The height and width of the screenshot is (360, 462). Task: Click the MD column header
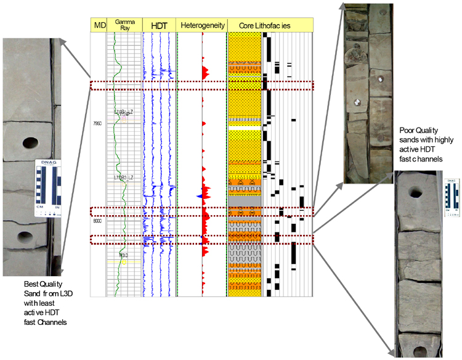coord(99,25)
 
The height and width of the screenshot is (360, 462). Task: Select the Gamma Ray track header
coord(124,25)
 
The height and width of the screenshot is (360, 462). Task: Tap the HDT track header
coord(159,25)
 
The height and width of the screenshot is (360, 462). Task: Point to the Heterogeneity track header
coord(201,25)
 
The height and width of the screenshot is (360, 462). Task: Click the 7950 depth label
coord(97,123)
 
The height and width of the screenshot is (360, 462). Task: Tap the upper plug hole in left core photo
coord(28,143)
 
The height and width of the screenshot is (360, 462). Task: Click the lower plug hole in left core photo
coord(25,235)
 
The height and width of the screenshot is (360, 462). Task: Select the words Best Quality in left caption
coord(40,284)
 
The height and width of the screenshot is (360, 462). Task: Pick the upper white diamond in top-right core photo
coord(381,81)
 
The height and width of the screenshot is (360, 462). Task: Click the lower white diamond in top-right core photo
coord(357,101)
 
